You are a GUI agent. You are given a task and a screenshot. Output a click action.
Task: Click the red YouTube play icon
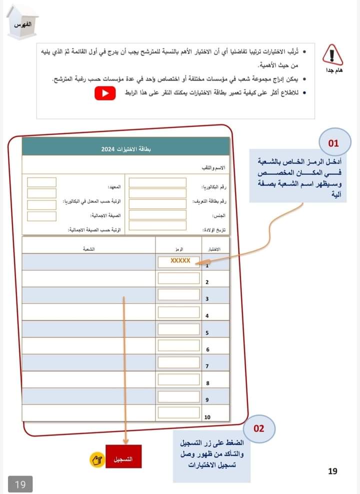(x=104, y=93)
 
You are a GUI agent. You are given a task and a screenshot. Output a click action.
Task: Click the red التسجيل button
(x=123, y=456)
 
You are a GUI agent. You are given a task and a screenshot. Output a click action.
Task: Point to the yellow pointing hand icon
(x=96, y=459)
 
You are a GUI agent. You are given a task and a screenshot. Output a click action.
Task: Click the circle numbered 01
(x=333, y=143)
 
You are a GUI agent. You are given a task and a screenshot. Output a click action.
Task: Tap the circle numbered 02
(x=258, y=428)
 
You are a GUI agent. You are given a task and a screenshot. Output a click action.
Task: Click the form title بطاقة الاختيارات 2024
(x=125, y=149)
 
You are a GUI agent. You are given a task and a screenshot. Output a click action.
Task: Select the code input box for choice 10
(x=178, y=413)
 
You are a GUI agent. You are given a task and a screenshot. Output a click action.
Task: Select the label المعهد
(x=115, y=187)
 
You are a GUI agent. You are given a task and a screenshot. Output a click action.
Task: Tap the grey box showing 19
(x=20, y=484)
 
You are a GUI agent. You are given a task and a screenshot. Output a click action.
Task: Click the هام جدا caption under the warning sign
(x=330, y=70)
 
